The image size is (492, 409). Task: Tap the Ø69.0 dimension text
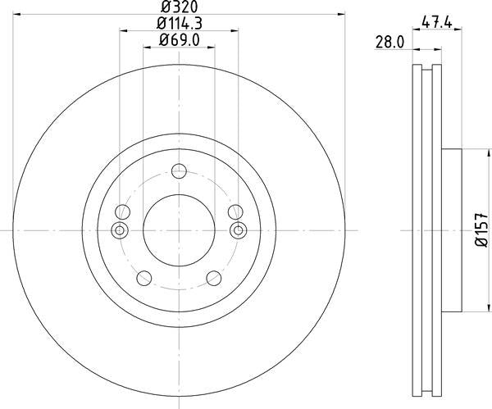[180, 40]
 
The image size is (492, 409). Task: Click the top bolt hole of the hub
[180, 172]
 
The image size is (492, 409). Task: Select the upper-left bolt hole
[123, 210]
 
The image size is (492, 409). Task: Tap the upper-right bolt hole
[235, 210]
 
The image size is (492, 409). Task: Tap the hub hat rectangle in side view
[452, 230]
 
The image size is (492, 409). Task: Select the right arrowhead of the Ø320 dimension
[339, 14]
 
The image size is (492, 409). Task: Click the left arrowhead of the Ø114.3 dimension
[124, 32]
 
